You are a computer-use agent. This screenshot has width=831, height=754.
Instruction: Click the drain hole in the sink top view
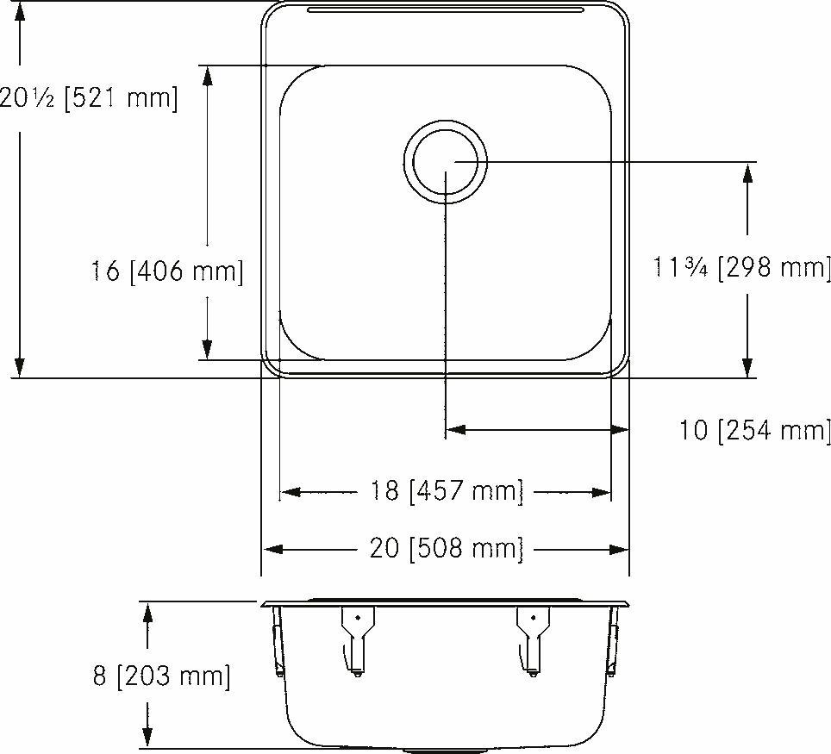tap(446, 162)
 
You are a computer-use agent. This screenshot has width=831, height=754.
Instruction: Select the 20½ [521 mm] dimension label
tap(88, 97)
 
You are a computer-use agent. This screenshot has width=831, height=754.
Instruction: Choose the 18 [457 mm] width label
tap(447, 492)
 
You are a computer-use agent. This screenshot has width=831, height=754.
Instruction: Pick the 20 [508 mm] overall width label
tap(447, 549)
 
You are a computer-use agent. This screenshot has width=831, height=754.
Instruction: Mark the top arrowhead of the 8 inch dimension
tap(147, 613)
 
